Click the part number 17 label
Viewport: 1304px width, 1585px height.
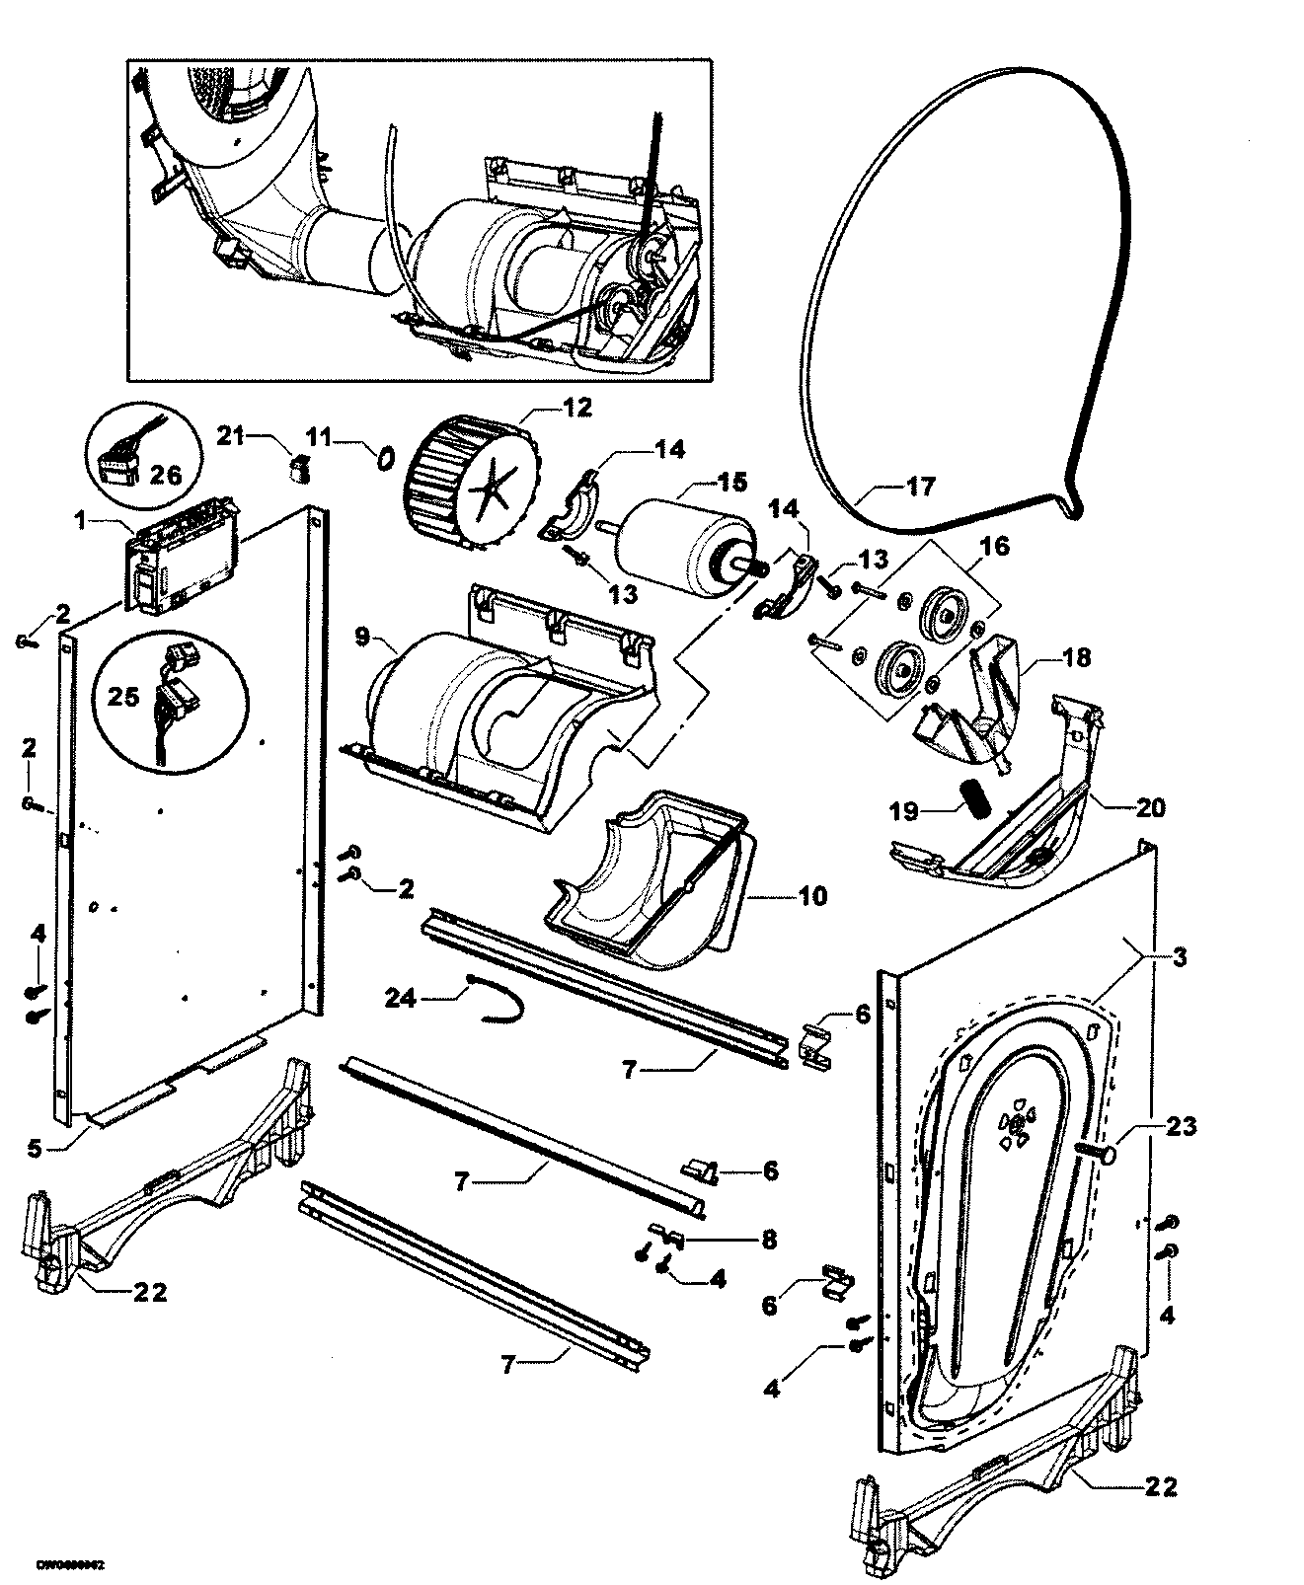tap(920, 486)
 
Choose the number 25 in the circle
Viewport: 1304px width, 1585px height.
tap(123, 696)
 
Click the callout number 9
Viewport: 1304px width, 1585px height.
tap(362, 639)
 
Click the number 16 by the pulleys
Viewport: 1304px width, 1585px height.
tap(994, 545)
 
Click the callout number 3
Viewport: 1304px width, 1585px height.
tap(1180, 956)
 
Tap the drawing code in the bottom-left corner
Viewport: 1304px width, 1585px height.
tap(71, 1565)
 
